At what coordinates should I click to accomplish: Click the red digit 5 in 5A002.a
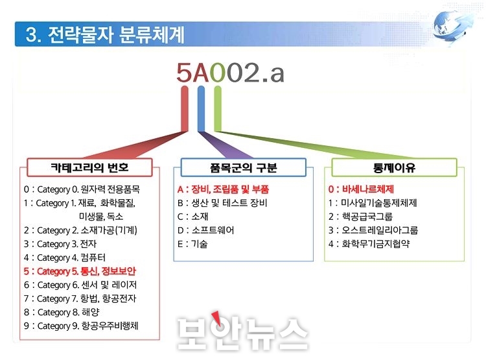(185, 73)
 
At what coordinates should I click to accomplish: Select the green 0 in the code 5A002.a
(218, 73)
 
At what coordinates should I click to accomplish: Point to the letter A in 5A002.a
(202, 73)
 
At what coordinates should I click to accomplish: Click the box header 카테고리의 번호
(89, 167)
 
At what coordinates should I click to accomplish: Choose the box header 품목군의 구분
(243, 167)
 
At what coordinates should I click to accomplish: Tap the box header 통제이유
(394, 167)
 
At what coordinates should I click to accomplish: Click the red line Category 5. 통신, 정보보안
(80, 271)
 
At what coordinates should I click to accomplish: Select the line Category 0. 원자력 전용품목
(82, 189)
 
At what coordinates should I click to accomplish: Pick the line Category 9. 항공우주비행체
(81, 326)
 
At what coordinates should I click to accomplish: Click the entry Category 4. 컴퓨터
(65, 258)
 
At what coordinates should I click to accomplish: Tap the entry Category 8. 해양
(62, 312)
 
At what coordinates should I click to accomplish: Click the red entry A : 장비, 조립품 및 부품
(223, 189)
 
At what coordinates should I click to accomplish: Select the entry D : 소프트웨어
(206, 230)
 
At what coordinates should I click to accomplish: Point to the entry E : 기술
(192, 244)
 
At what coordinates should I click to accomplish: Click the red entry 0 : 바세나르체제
(361, 189)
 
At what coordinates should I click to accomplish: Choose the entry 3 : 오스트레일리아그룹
(373, 230)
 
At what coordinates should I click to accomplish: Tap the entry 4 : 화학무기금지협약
(369, 244)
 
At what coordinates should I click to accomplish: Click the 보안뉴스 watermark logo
(243, 332)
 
